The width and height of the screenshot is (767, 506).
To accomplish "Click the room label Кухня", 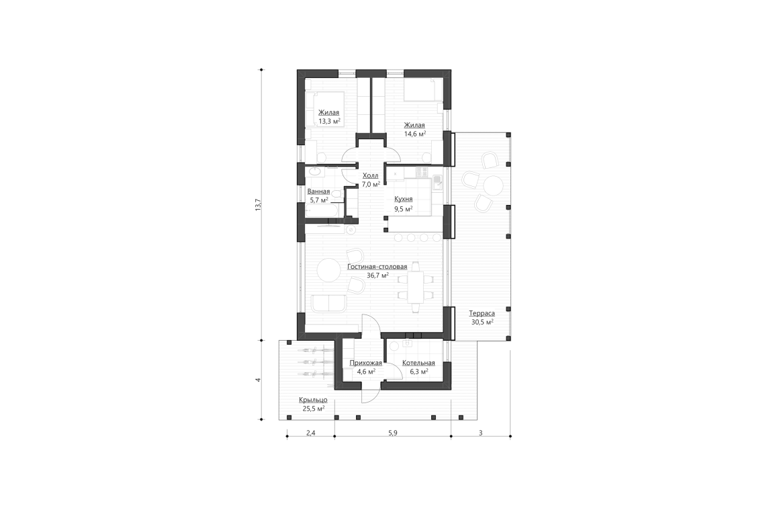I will click(404, 200).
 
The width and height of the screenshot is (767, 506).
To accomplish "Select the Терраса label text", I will click(482, 313).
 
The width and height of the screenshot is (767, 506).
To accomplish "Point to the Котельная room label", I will click(418, 363).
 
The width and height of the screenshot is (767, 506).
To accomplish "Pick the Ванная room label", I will click(318, 192).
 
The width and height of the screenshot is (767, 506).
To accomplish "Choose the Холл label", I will click(370, 175).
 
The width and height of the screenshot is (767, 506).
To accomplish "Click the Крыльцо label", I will click(312, 400).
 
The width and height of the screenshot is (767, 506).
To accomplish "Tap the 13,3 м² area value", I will click(329, 121).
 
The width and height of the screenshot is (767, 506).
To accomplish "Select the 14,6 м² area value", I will click(414, 134).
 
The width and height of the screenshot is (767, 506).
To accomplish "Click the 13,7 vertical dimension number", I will click(258, 206).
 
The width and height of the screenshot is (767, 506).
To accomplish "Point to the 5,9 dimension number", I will click(392, 433).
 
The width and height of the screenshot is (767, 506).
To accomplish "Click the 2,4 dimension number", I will click(310, 433).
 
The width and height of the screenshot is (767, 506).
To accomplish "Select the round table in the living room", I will click(330, 270).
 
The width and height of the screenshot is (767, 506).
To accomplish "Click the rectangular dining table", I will click(417, 286).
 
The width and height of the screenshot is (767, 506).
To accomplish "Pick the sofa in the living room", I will click(327, 303).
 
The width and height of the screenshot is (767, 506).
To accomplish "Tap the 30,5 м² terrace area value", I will click(482, 322).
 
